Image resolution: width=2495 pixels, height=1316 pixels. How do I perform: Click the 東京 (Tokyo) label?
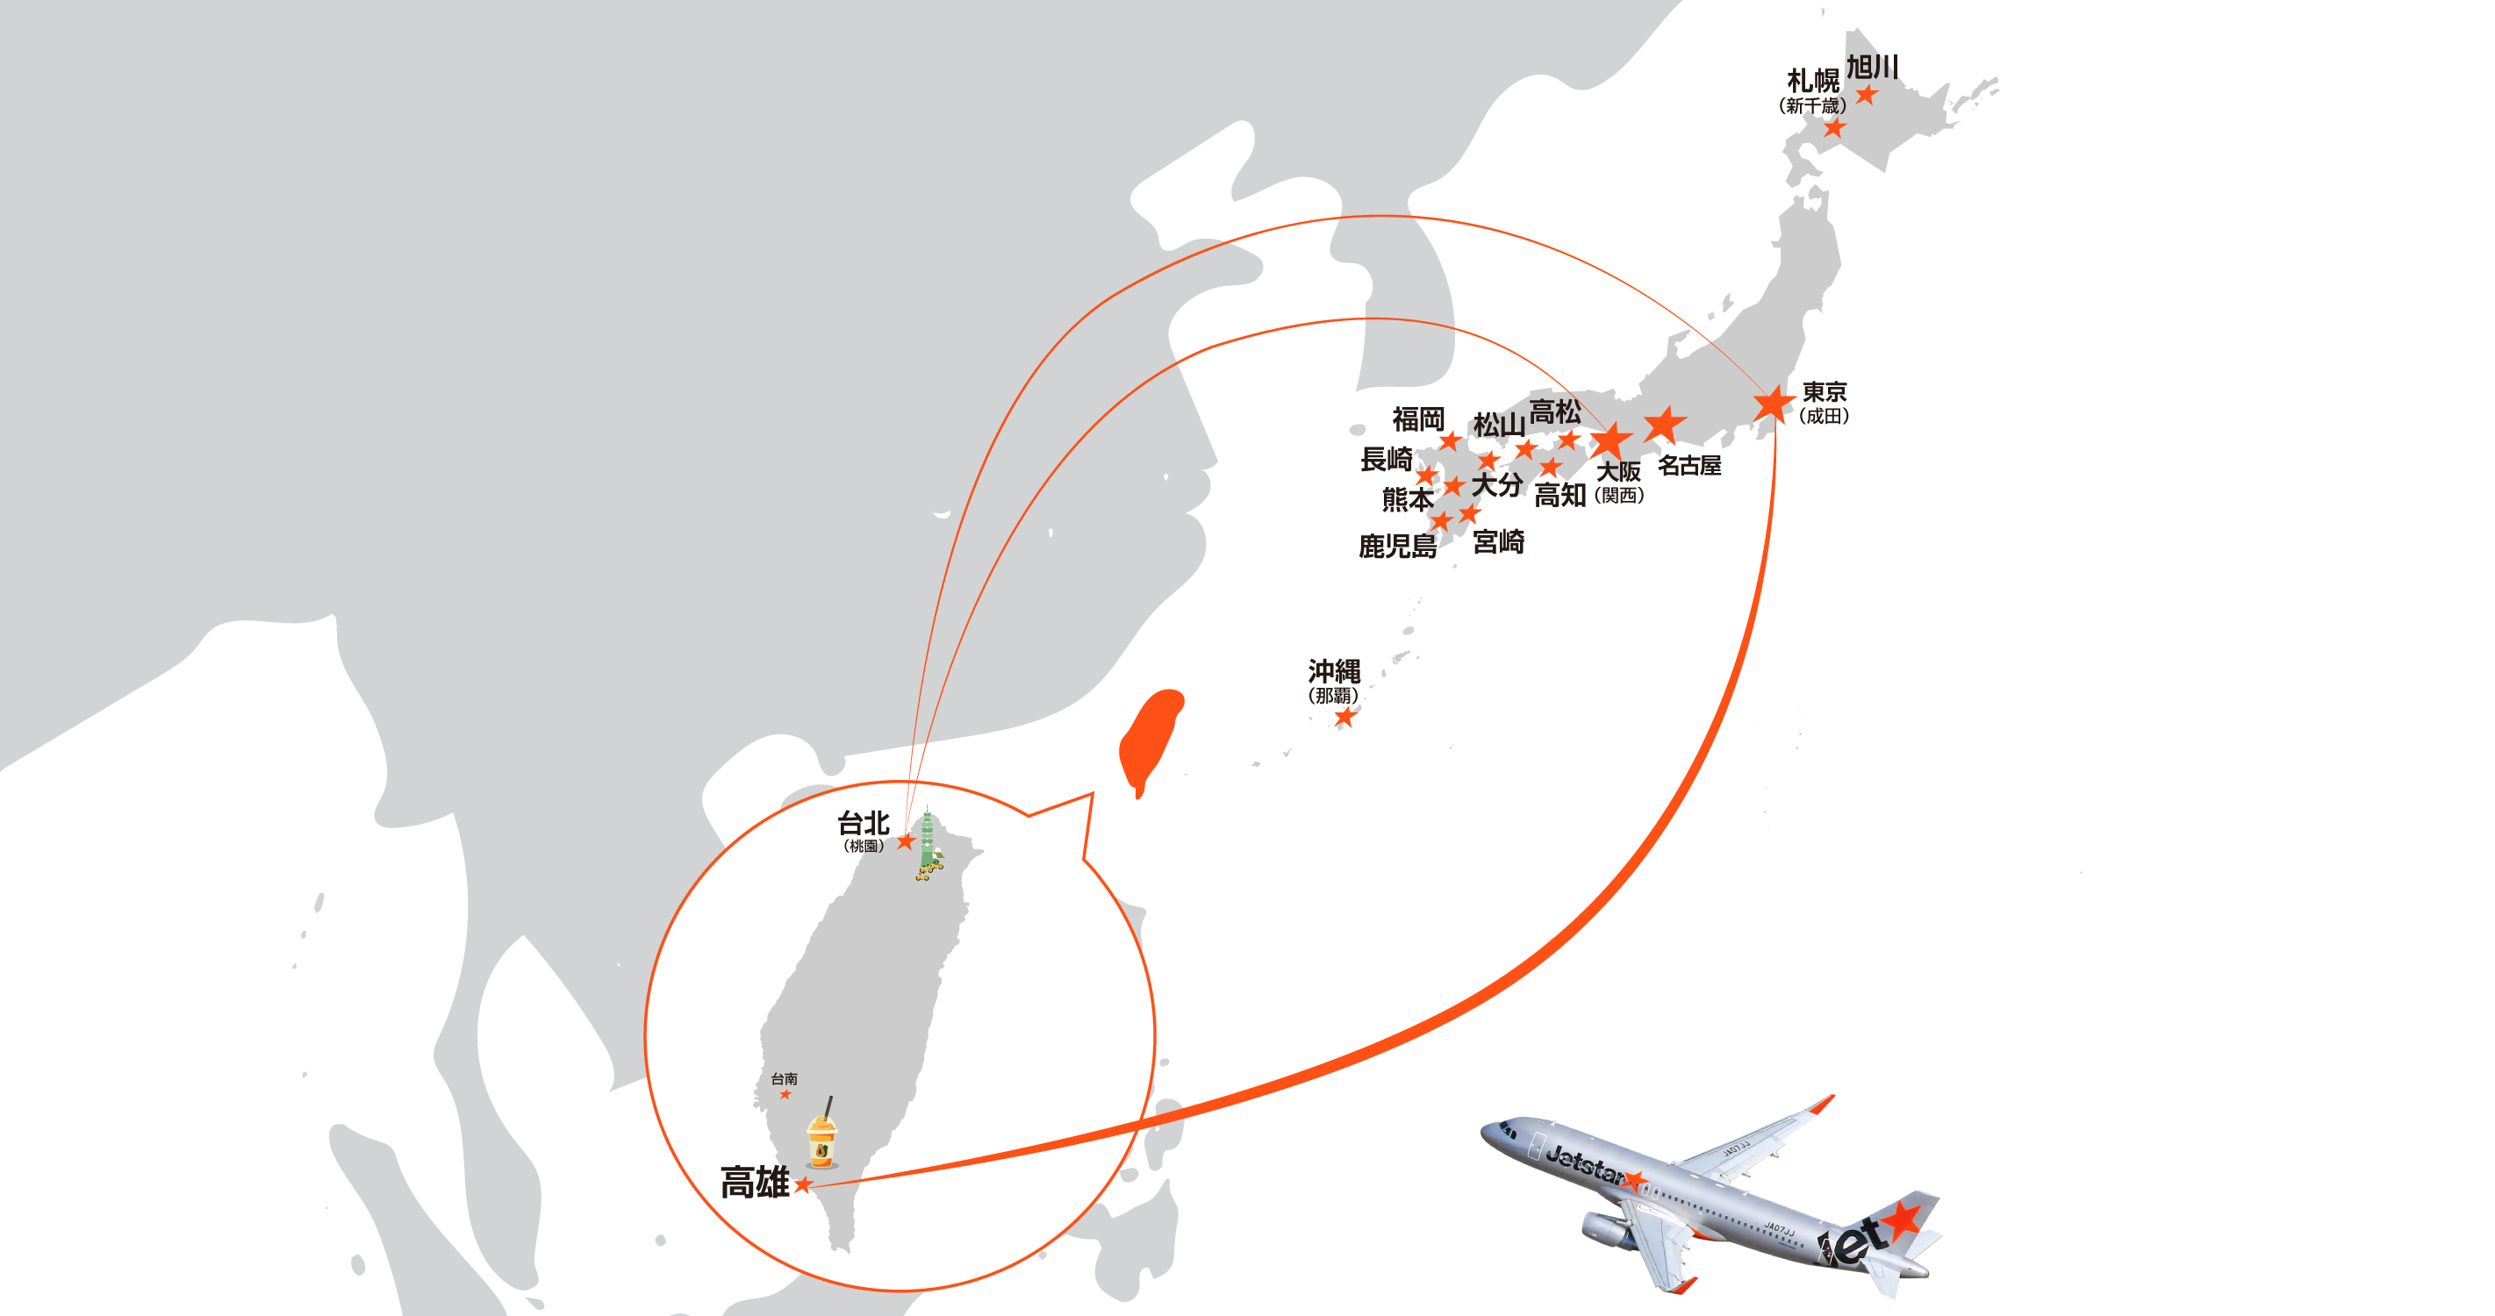pyautogui.click(x=1824, y=392)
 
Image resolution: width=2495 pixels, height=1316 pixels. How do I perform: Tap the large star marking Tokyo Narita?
pyautogui.click(x=1774, y=404)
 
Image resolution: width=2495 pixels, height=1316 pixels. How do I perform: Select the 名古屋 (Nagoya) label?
pyautogui.click(x=1689, y=466)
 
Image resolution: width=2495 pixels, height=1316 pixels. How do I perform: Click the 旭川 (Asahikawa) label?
pyautogui.click(x=1871, y=67)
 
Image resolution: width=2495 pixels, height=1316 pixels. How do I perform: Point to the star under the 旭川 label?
pyautogui.click(x=1866, y=95)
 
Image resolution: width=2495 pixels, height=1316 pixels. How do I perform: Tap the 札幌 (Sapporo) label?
pyautogui.click(x=1812, y=80)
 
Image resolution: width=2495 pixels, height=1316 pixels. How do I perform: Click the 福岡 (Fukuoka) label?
pyautogui.click(x=1418, y=419)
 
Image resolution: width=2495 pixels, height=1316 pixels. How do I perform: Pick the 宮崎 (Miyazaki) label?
pyautogui.click(x=1498, y=542)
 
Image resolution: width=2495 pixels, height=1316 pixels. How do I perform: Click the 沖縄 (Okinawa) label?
pyautogui.click(x=1334, y=670)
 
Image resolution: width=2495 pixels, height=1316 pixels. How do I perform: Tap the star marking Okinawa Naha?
pyautogui.click(x=1344, y=718)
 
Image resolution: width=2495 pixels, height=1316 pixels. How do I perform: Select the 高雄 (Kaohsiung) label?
pyautogui.click(x=754, y=1183)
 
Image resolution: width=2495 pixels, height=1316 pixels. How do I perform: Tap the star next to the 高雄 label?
pyautogui.click(x=803, y=1184)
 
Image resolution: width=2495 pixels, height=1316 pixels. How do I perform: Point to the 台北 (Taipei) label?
pyautogui.click(x=862, y=823)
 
